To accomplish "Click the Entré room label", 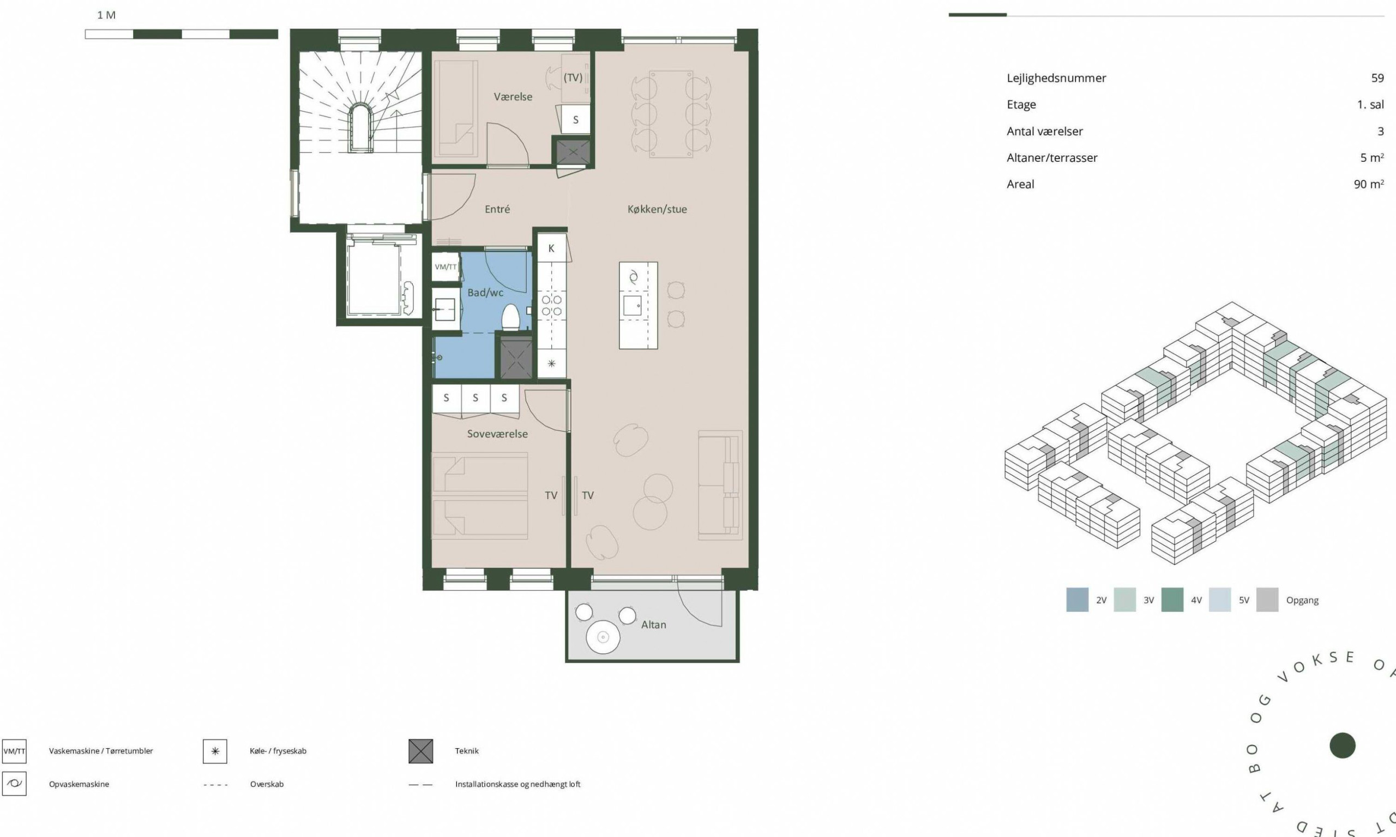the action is pyautogui.click(x=497, y=209).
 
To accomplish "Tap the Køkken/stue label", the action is pyautogui.click(x=657, y=209).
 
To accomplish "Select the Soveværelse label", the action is pyautogui.click(x=497, y=434).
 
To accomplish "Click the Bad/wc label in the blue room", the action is pyautogui.click(x=485, y=292).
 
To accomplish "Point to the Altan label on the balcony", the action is pyautogui.click(x=653, y=625).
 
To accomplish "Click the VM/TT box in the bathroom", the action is pyautogui.click(x=446, y=267).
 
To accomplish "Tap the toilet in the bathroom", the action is pyautogui.click(x=510, y=318).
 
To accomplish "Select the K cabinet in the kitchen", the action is pyautogui.click(x=551, y=248).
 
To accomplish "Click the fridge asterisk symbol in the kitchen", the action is pyautogui.click(x=551, y=364).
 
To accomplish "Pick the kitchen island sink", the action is pyautogui.click(x=632, y=306).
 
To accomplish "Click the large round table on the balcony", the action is pyautogui.click(x=603, y=638).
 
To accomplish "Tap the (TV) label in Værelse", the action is pyautogui.click(x=573, y=78).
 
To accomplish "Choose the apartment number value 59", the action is pyautogui.click(x=1377, y=78).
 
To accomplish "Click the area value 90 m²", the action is pyautogui.click(x=1368, y=184).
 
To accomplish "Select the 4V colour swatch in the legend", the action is pyautogui.click(x=1172, y=599).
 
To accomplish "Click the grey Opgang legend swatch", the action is pyautogui.click(x=1267, y=599).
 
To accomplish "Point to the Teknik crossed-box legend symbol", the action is pyautogui.click(x=421, y=751).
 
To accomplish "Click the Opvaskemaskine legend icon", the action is pyautogui.click(x=14, y=784).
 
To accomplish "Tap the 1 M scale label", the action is pyautogui.click(x=106, y=15).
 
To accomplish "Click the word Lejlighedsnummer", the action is pyautogui.click(x=1056, y=78).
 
